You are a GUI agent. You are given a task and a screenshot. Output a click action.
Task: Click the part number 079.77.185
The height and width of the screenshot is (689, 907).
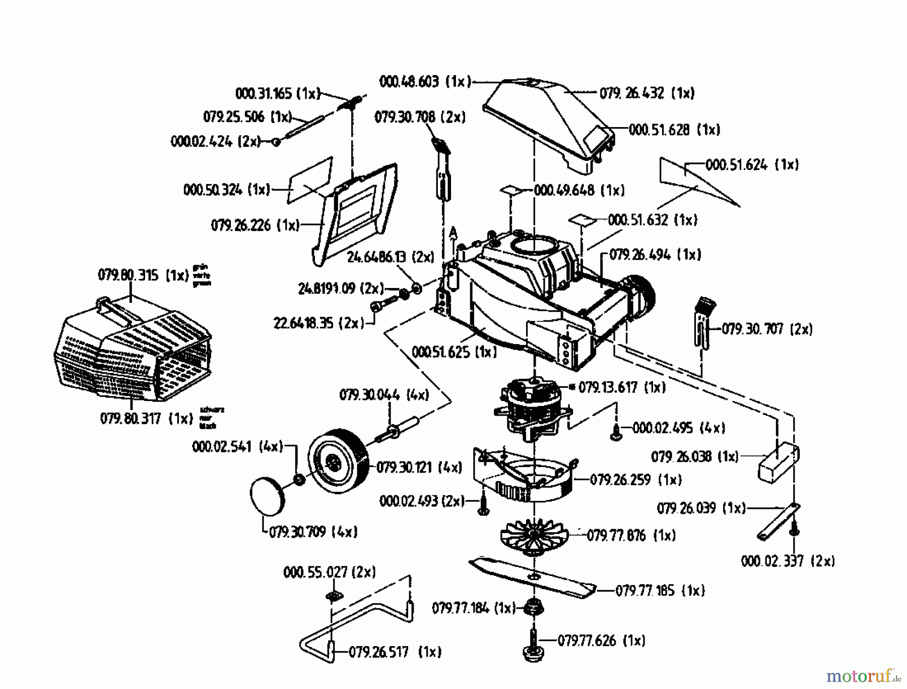tap(660, 591)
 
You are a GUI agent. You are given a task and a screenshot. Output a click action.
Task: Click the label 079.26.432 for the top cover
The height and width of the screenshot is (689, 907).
tap(647, 93)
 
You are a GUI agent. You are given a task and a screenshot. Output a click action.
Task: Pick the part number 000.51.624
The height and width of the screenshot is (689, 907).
tap(752, 165)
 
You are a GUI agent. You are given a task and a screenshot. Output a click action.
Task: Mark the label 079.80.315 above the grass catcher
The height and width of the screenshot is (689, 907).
tap(143, 275)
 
